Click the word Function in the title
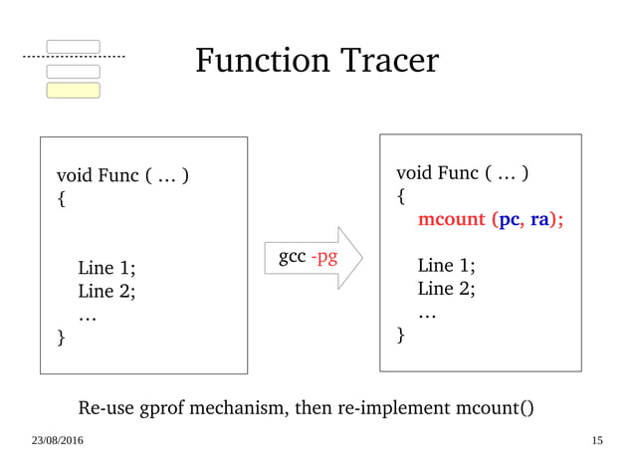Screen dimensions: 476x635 [260, 62]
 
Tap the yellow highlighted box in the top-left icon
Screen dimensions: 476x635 [74, 91]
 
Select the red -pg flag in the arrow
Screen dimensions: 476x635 [323, 258]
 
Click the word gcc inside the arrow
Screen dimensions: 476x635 [292, 258]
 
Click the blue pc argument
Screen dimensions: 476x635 [509, 220]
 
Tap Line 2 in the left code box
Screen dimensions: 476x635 [106, 292]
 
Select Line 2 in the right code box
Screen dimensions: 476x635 [446, 290]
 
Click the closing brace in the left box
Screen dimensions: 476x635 [62, 340]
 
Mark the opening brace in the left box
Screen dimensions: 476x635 [62, 199]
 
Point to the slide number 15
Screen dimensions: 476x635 [597, 440]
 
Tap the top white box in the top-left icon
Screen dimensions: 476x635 [74, 46]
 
